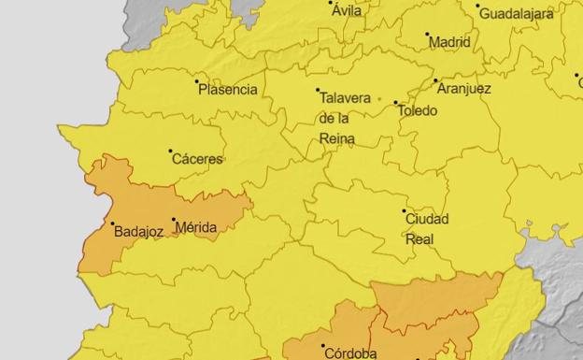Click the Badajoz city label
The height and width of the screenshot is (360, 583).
[x=138, y=231]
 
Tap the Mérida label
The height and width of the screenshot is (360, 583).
[x=195, y=227]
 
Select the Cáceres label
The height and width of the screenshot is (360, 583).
[x=197, y=159]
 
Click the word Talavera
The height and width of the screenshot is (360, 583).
[x=344, y=97]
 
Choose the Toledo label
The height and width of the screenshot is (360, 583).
[x=417, y=110]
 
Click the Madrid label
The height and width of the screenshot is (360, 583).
[x=449, y=42]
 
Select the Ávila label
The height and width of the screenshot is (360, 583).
[x=347, y=11]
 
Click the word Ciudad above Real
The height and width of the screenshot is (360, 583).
[x=426, y=220]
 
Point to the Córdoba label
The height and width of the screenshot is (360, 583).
[x=349, y=353]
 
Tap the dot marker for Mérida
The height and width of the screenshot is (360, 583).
[x=174, y=220]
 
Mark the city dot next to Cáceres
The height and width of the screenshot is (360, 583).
[x=170, y=151]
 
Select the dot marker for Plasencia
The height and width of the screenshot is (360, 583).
[x=197, y=82]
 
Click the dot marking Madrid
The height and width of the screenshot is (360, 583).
[x=428, y=36]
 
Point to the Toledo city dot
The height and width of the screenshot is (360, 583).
[x=395, y=103]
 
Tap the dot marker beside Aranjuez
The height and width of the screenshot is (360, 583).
[x=435, y=81]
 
